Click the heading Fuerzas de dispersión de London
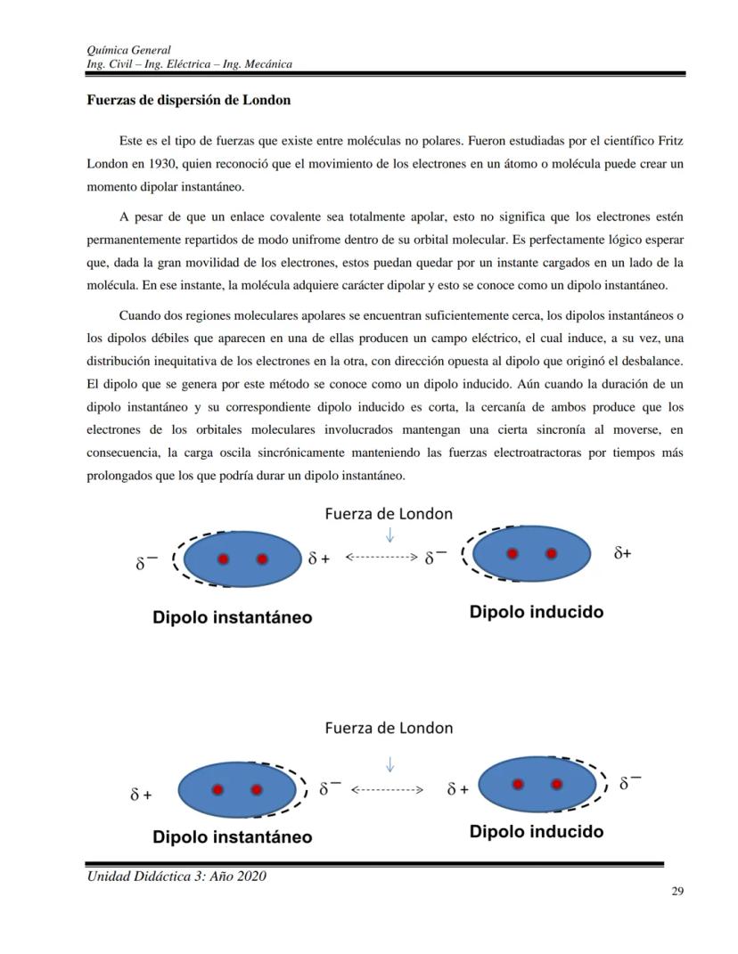[x=188, y=100]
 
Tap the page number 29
[x=676, y=892]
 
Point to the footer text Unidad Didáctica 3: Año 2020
[x=176, y=877]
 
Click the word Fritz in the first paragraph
[x=668, y=142]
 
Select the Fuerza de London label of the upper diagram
[x=389, y=514]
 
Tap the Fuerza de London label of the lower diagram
[x=389, y=728]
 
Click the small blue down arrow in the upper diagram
[x=389, y=534]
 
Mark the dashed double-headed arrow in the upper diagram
[x=381, y=557]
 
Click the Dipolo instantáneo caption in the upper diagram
[x=232, y=617]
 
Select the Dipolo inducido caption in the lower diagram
[x=536, y=831]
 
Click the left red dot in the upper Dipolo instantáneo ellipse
[x=223, y=559]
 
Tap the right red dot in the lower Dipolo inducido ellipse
[x=557, y=784]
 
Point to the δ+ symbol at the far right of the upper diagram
[x=622, y=553]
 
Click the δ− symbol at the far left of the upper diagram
[x=146, y=563]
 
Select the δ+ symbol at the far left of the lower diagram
[x=141, y=795]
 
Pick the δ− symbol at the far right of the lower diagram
[x=629, y=784]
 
